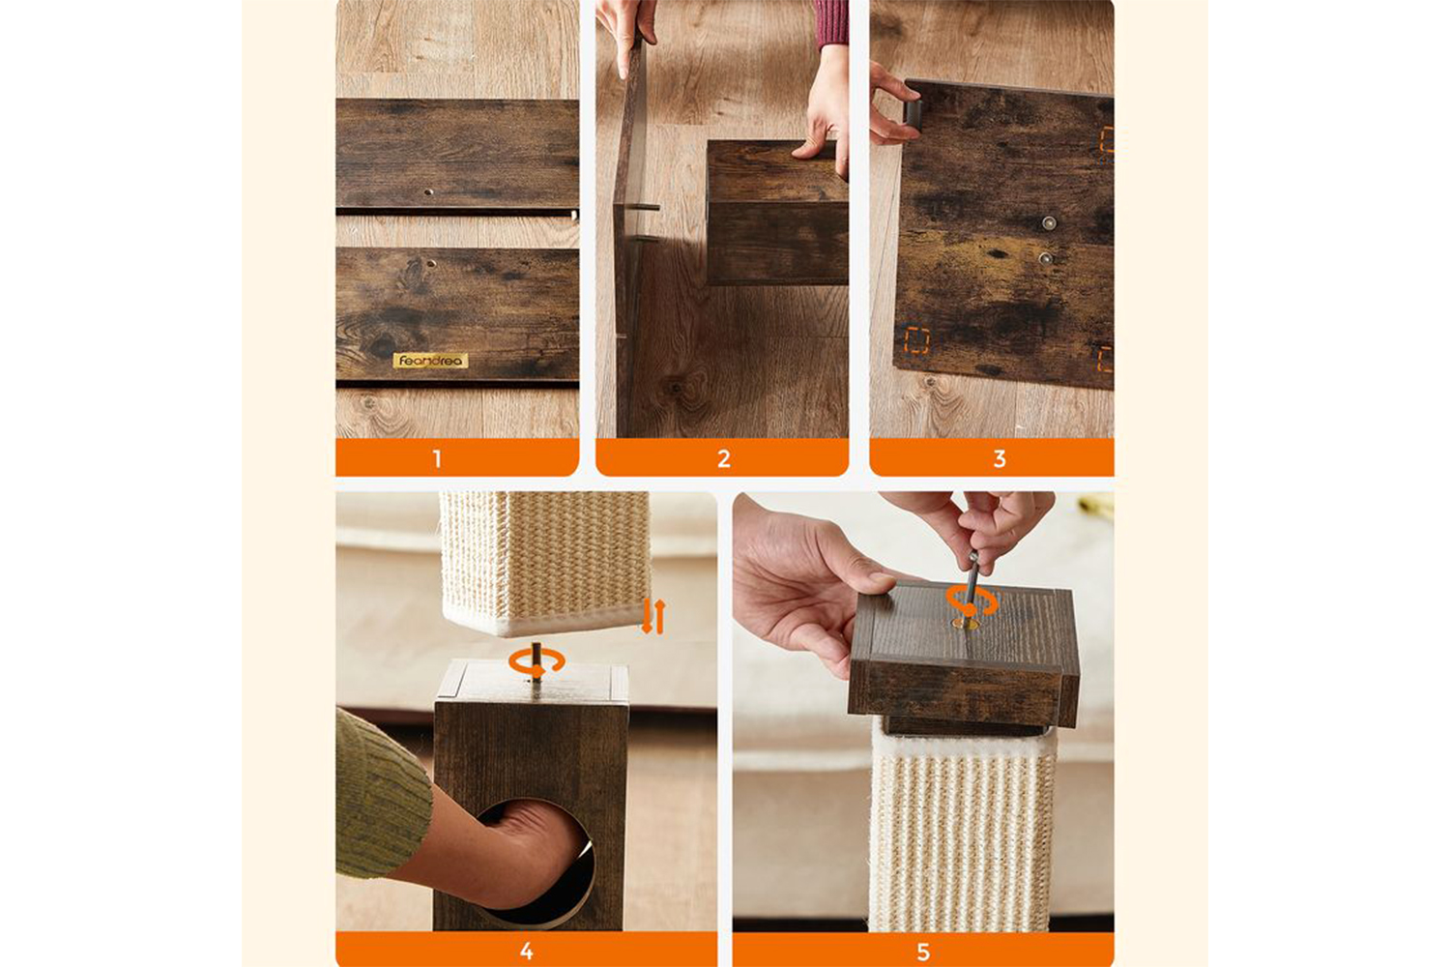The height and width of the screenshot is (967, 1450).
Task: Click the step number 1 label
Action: pos(438,459)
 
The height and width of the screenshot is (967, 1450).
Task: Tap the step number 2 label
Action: pos(724,459)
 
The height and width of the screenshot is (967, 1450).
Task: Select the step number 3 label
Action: pos(1000,459)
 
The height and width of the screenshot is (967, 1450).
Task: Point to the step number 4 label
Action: pos(526,952)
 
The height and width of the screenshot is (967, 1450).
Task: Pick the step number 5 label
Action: pos(923,952)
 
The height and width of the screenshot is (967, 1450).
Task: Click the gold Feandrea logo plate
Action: pos(430,361)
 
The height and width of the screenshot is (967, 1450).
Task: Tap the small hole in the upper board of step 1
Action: pos(428,192)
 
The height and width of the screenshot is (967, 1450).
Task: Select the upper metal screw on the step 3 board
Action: pos(1049,223)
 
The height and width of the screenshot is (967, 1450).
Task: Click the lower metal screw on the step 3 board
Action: pos(1045,258)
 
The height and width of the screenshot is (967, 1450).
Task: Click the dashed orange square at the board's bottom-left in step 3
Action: pos(917,340)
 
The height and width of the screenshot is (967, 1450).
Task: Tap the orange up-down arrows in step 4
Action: pos(653,617)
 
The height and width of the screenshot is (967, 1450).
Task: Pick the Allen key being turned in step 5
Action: pos(971,586)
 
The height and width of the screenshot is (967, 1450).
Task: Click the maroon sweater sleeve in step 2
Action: pos(830,23)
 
